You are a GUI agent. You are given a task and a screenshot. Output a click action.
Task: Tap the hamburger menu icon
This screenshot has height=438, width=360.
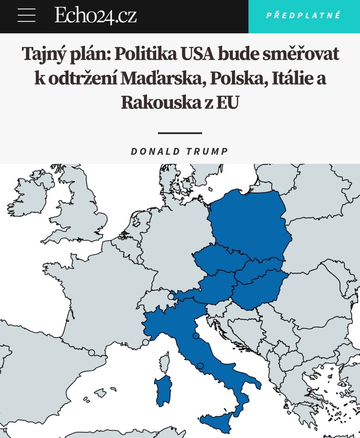26,16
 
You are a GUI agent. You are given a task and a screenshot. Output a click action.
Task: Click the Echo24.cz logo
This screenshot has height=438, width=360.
96,16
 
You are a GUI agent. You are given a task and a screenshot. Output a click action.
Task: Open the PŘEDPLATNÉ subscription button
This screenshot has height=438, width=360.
303,16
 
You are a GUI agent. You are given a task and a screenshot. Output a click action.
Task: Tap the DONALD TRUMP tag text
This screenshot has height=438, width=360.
179,151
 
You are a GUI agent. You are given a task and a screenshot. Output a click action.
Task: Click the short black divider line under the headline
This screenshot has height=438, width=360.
180,133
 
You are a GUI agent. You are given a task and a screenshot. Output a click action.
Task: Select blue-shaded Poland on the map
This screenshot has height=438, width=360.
252,223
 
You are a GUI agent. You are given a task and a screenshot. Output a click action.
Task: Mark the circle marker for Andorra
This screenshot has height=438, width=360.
91,353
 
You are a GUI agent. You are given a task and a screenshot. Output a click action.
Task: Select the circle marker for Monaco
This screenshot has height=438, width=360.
146,342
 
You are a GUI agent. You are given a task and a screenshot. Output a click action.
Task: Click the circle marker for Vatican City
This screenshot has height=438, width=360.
200,366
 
